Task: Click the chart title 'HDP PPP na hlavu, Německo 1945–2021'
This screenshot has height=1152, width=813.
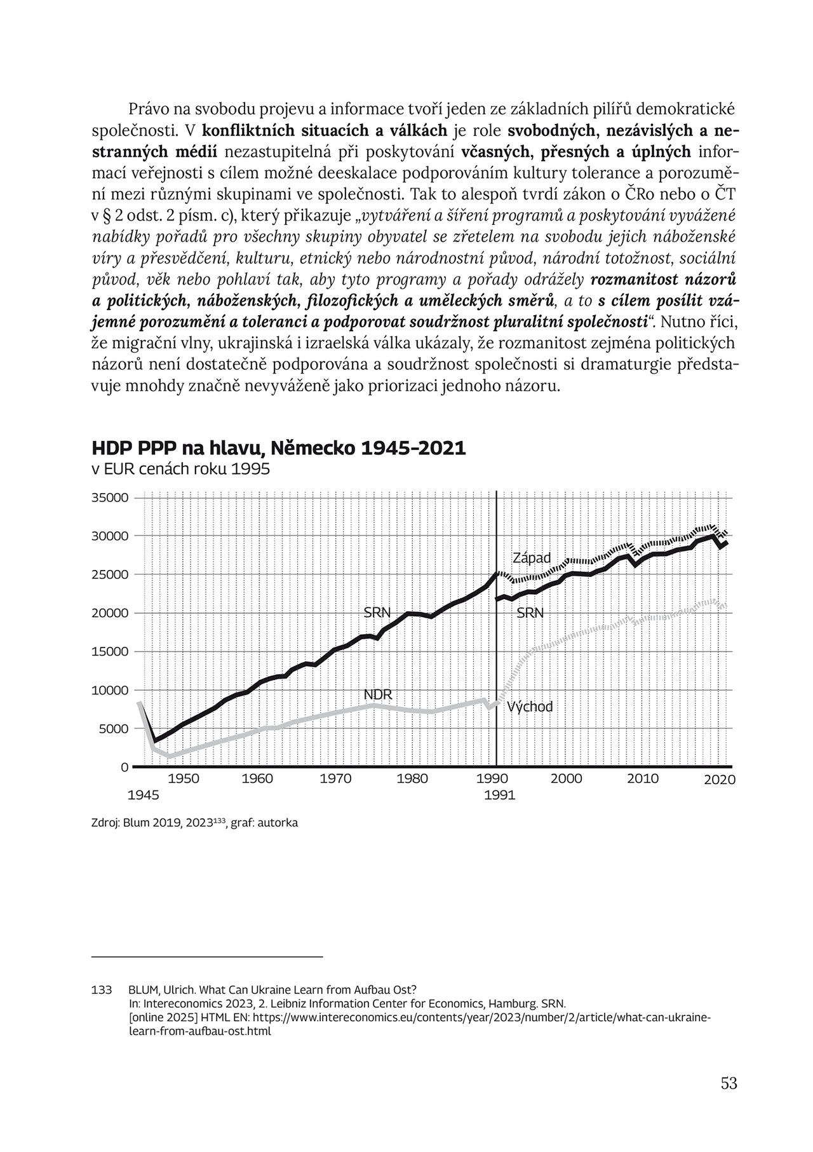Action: click(x=279, y=449)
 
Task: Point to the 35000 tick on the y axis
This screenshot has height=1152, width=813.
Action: click(x=111, y=498)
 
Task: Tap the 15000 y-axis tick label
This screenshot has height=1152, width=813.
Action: click(x=111, y=652)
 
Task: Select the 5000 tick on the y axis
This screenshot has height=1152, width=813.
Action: click(x=114, y=729)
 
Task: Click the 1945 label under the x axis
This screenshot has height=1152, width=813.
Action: click(x=143, y=795)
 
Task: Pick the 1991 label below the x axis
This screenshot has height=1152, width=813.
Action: click(x=499, y=795)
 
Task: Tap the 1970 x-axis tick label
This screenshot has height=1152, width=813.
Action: click(x=336, y=778)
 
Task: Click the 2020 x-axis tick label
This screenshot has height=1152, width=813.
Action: click(x=719, y=780)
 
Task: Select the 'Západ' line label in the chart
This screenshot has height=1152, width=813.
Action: click(x=532, y=558)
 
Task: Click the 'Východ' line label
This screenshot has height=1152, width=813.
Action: click(x=530, y=707)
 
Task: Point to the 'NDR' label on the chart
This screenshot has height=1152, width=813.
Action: click(x=378, y=694)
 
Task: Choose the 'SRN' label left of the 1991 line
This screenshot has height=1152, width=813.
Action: click(x=377, y=613)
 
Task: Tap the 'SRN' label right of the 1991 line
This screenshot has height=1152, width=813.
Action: click(x=530, y=613)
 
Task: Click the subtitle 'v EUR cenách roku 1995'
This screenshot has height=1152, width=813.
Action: click(x=181, y=470)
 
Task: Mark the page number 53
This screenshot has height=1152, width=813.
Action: click(x=729, y=1083)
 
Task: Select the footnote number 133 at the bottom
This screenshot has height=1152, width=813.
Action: click(x=102, y=990)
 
